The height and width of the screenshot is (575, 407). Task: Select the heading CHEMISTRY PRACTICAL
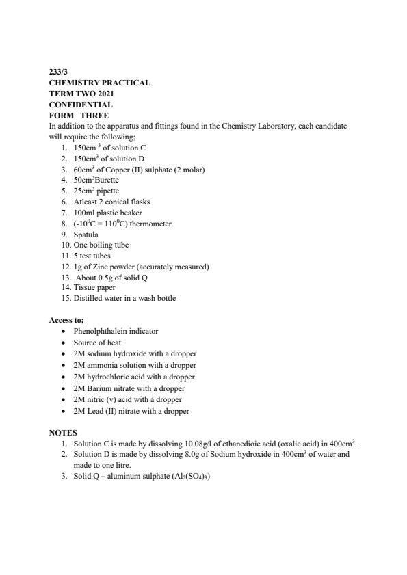click(x=99, y=83)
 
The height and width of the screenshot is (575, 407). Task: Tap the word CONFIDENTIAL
click(x=81, y=105)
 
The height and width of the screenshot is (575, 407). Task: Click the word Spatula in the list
click(x=86, y=235)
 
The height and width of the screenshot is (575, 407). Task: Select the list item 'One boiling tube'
click(x=101, y=245)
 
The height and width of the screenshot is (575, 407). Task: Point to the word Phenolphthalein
click(x=102, y=331)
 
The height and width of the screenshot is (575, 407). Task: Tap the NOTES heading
click(x=63, y=433)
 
